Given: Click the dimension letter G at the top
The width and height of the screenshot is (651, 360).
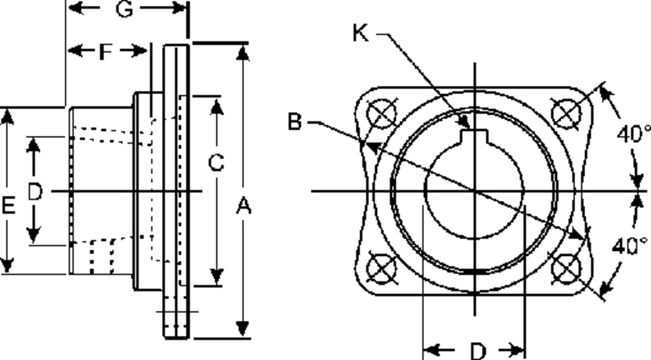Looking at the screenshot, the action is click(124, 9).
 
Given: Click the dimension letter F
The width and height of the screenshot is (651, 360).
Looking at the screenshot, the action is click(106, 52).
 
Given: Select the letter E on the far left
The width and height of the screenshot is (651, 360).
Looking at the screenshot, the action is click(8, 206).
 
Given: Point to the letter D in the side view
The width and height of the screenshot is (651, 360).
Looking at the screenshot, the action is click(35, 192).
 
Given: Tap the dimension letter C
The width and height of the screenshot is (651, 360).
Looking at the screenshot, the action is click(216, 163).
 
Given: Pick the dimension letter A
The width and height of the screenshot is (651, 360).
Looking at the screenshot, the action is click(244, 206).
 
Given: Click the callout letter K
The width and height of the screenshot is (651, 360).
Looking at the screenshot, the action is click(361, 33).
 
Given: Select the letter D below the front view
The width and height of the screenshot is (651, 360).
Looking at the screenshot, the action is click(478, 351).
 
